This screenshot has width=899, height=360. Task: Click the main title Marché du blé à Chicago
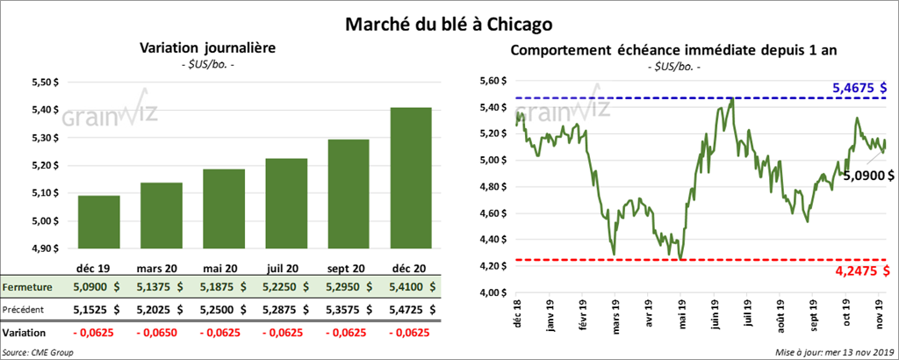coord(449,18)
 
